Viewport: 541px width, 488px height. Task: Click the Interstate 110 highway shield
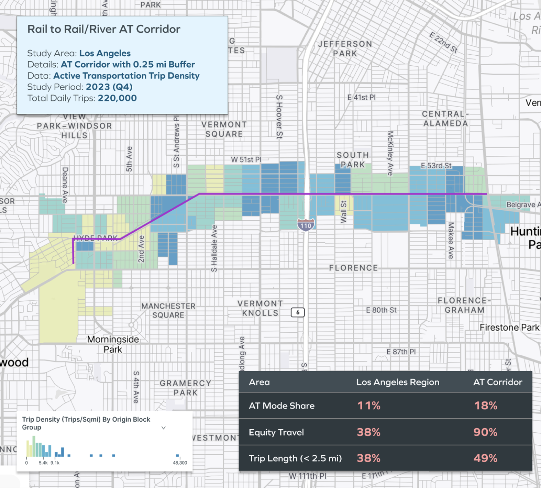coord(306,225)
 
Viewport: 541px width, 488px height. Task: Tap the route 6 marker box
coord(298,312)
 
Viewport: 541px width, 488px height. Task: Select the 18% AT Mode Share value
coord(485,406)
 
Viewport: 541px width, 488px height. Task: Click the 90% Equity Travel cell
coord(485,432)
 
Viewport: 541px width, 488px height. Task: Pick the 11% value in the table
coord(368,406)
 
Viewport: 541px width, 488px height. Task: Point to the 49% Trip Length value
coord(485,458)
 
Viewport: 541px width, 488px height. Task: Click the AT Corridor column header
coord(497,382)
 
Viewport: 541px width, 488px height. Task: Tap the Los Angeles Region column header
coord(397,382)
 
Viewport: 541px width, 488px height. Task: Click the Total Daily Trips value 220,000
coord(117,98)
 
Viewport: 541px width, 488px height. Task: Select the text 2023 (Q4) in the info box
coord(109,87)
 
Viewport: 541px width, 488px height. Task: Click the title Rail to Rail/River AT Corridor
coord(103,29)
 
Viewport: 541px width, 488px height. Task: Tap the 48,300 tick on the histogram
coord(180,463)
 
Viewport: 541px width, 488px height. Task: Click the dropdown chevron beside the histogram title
coord(164,428)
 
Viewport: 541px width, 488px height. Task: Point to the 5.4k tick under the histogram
coord(43,463)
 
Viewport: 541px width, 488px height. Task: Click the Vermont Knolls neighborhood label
coord(260,308)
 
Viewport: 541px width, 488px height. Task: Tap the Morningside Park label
coord(113,344)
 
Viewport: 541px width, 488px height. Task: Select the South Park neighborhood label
coord(353,160)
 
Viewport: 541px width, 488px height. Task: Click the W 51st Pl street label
coord(246,159)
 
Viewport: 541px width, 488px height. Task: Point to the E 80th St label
coord(381,310)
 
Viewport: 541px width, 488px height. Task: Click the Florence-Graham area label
coord(464,305)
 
